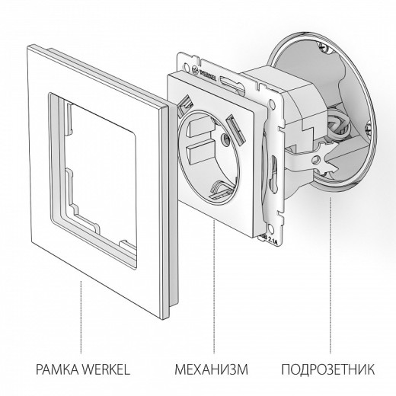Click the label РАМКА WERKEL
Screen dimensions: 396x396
click(x=79, y=371)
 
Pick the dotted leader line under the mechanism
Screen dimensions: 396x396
click(x=214, y=297)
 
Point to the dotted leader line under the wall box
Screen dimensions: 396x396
click(x=331, y=267)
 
